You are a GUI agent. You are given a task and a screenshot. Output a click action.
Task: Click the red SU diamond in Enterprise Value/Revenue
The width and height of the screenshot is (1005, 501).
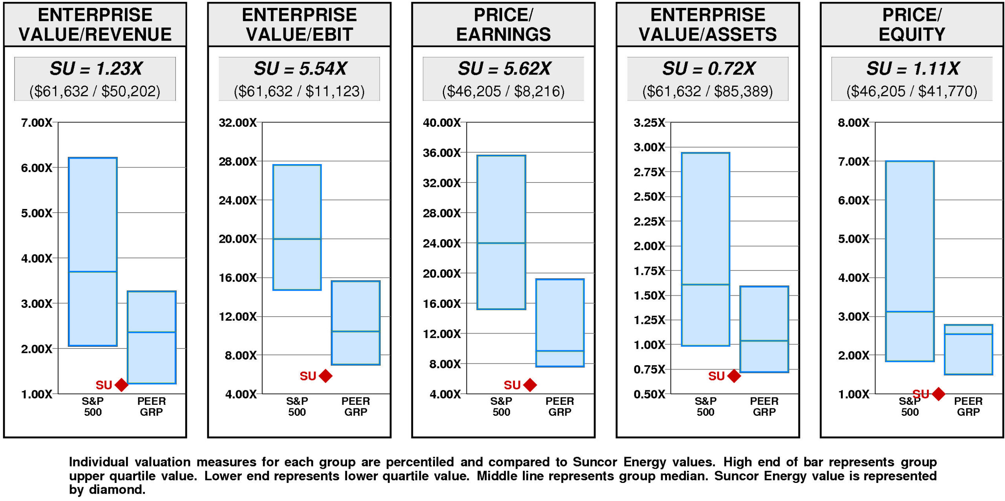(121, 385)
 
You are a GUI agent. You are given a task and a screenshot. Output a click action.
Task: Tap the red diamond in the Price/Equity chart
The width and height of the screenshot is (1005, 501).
(938, 393)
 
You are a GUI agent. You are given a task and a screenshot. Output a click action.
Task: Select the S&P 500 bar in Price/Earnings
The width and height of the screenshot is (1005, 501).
(501, 232)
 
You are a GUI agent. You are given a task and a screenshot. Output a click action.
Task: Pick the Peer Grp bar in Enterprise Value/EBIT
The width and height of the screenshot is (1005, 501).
(356, 323)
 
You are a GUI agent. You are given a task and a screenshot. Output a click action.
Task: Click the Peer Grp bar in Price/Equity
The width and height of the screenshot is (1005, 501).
(968, 349)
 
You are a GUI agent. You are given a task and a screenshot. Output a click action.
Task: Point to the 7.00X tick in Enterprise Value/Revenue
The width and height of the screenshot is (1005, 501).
(37, 123)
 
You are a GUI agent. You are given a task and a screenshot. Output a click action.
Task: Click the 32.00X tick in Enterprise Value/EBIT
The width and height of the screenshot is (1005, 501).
(238, 123)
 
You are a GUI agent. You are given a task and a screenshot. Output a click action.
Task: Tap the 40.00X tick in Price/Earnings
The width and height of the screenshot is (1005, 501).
(442, 123)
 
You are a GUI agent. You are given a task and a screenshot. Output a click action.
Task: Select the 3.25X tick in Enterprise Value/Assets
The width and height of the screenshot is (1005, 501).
(649, 123)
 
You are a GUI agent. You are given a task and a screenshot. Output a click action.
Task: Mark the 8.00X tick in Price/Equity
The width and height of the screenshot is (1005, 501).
(853, 123)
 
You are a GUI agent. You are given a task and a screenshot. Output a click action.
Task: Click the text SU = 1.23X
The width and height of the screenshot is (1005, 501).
(95, 69)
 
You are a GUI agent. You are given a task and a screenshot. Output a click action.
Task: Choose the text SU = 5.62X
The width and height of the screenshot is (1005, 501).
(504, 69)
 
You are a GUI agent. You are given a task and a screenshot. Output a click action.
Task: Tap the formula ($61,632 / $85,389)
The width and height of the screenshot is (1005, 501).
(707, 91)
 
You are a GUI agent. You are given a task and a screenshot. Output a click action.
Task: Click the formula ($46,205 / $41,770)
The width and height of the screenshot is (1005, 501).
(912, 91)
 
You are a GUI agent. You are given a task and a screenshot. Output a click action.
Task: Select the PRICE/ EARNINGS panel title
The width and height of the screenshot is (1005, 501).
(503, 24)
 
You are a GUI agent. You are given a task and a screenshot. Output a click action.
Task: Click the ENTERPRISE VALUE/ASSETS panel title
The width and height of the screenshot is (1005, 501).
(707, 24)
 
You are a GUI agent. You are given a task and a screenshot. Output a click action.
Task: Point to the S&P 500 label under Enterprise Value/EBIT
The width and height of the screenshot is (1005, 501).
(297, 406)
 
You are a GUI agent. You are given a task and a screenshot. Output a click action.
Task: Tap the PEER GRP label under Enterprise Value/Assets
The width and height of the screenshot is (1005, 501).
(764, 406)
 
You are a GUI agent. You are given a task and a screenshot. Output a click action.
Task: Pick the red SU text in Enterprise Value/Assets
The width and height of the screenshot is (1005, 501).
(716, 376)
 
